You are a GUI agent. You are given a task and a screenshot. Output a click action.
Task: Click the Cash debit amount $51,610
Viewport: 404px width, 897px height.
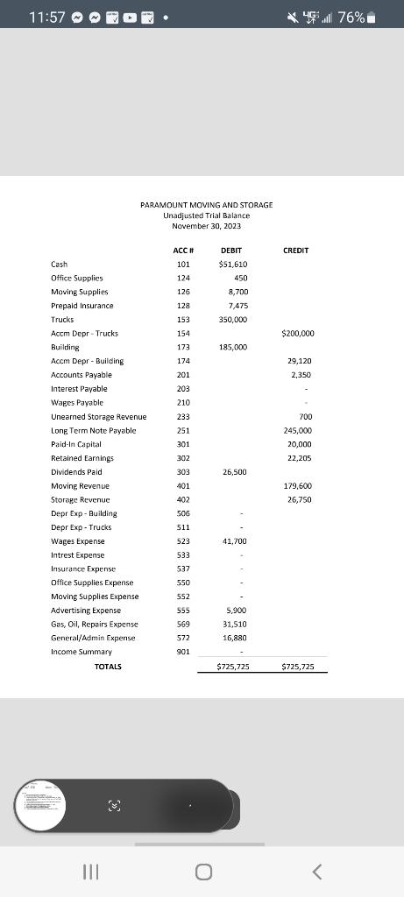tap(232, 264)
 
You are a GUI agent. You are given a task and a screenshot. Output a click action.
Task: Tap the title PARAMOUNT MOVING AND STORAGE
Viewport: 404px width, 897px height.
tap(206, 205)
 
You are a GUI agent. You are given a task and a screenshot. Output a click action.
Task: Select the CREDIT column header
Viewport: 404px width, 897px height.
tap(296, 251)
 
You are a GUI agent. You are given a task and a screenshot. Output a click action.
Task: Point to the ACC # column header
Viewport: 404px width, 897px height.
tap(183, 251)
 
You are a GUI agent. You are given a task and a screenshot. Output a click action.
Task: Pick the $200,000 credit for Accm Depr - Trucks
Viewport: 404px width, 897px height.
tap(298, 334)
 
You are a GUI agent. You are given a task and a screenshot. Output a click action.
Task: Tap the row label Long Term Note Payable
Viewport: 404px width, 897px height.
tap(94, 431)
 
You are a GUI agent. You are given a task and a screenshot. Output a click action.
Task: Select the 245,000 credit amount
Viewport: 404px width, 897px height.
tap(299, 431)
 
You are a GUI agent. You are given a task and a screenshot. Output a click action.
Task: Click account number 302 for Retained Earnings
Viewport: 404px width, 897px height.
tap(183, 458)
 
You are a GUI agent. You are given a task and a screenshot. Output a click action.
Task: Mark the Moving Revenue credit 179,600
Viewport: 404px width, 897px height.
tap(299, 486)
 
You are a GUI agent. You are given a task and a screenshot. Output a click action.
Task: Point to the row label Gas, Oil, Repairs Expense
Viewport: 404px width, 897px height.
tap(95, 625)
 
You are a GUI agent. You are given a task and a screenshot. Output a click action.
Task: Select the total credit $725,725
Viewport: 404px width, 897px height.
tap(298, 667)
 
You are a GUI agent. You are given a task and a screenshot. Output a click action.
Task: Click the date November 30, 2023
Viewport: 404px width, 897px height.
tap(206, 226)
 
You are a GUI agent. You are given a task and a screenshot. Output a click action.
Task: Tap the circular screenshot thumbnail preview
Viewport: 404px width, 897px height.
tap(43, 803)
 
